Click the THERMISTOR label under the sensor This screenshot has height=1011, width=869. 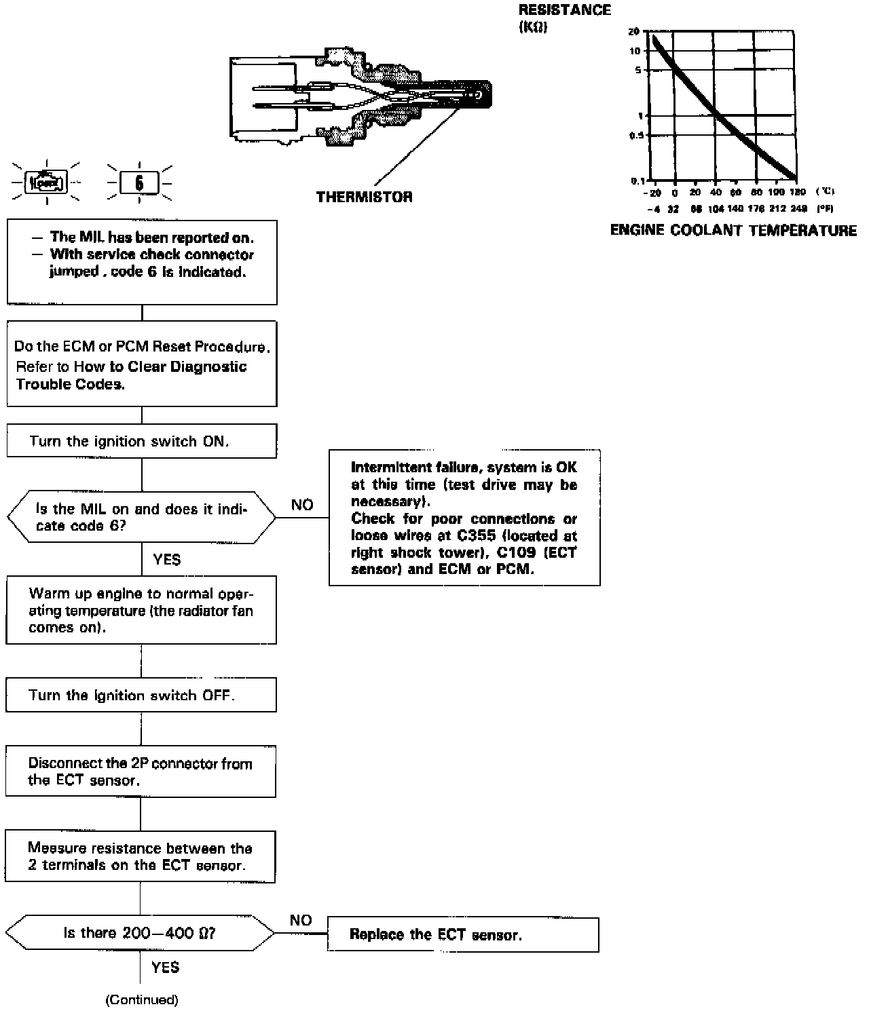364,197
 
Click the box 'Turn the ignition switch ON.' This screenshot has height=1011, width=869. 142,441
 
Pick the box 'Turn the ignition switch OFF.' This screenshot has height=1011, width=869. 141,695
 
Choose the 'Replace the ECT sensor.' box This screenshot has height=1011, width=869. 463,935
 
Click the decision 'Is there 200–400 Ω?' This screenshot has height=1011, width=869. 140,933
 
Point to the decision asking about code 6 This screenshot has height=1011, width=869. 141,517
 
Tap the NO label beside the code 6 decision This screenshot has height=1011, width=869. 302,505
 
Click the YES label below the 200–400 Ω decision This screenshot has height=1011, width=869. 166,967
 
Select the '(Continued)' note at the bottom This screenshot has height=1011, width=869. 142,999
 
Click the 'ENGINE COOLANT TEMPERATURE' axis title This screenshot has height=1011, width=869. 733,231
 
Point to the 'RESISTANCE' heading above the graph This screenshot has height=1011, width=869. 564,10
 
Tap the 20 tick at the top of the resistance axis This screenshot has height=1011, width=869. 635,32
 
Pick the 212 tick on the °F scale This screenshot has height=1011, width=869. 778,209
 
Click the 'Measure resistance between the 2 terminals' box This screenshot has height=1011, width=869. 141,857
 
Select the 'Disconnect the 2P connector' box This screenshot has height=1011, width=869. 141,771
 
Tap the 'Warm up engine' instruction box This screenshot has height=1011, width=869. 141,610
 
